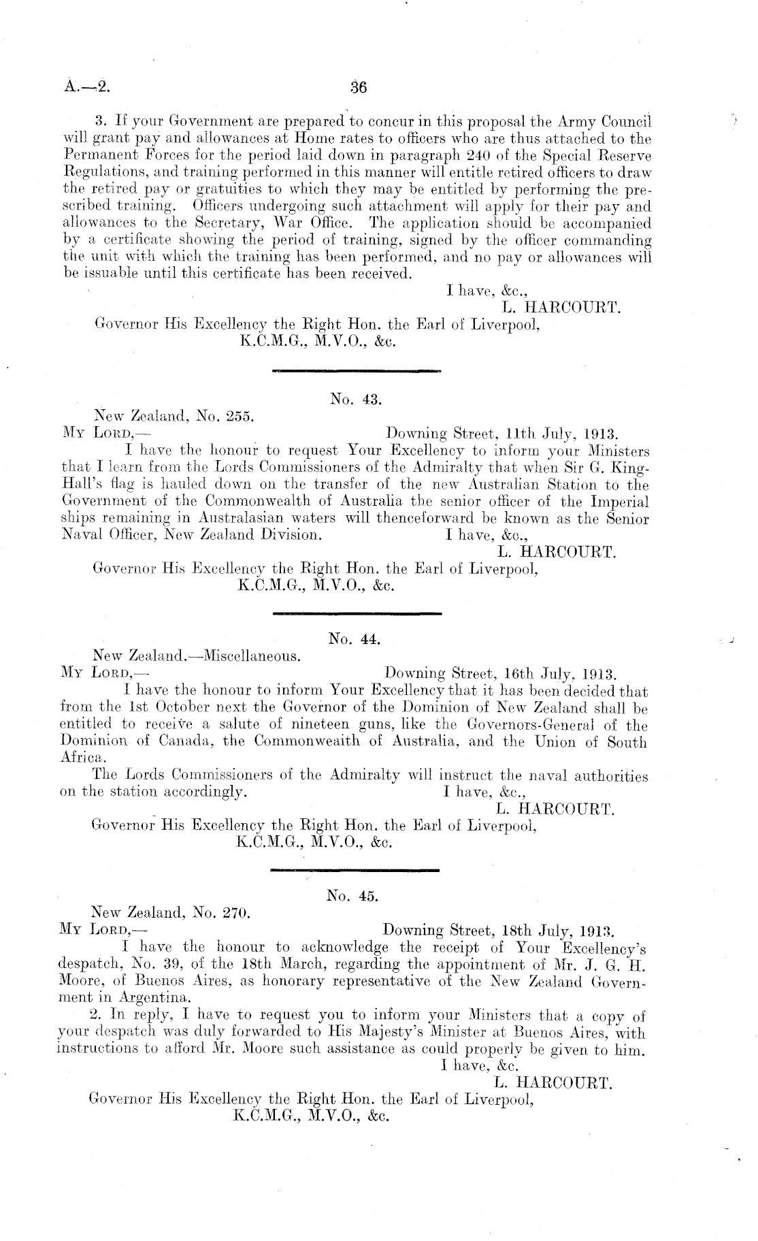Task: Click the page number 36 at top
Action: tap(358, 87)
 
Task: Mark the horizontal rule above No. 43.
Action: tap(356, 372)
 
